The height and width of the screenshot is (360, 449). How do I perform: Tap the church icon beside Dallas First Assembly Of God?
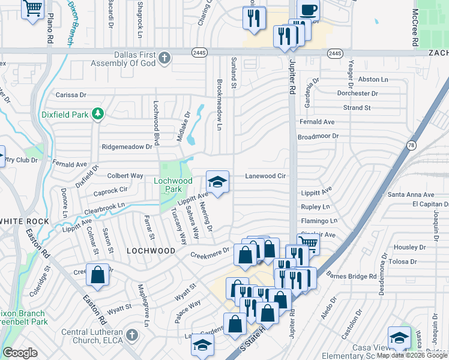[x=165, y=58]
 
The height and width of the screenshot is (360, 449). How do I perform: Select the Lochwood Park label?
[x=173, y=185]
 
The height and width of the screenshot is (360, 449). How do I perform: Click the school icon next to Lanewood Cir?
[x=217, y=182]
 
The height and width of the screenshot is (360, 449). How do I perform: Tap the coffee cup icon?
[x=308, y=10]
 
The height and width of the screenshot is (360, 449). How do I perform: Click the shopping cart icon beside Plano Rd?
[x=32, y=10]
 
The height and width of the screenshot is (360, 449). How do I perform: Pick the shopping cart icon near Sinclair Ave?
[x=308, y=242]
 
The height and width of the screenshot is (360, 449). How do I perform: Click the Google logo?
[x=20, y=353]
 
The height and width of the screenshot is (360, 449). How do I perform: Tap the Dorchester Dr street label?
[x=357, y=93]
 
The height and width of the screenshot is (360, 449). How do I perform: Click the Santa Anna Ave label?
[x=411, y=194]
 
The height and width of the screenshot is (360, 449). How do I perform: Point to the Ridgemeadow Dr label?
[x=128, y=146]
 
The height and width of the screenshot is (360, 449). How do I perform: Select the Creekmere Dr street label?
[x=210, y=250]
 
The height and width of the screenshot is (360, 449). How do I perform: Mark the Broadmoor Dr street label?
[x=318, y=136]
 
